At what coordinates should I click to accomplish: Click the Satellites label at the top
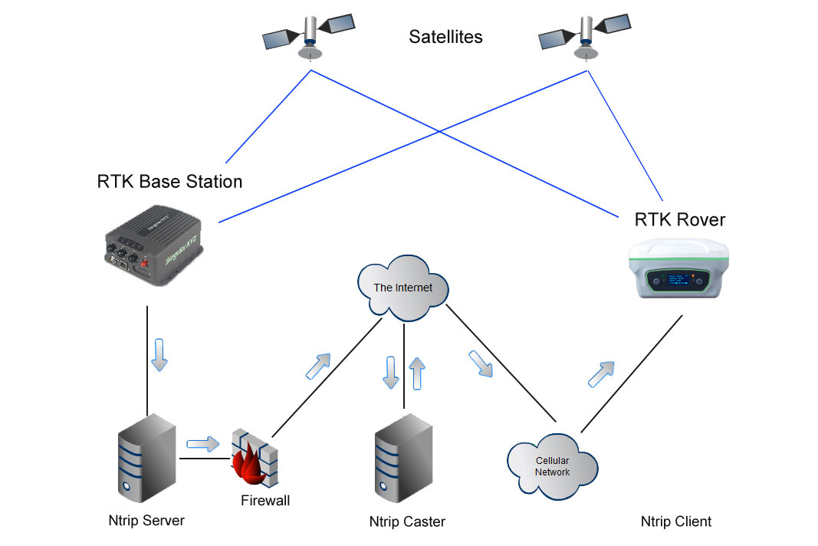[445, 36]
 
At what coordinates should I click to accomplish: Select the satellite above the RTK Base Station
[308, 35]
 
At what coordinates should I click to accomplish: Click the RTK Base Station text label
[169, 182]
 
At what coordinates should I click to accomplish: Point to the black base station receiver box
[154, 246]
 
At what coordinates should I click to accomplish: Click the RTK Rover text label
[679, 220]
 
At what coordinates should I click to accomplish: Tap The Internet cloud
[402, 288]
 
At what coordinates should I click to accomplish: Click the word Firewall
[265, 502]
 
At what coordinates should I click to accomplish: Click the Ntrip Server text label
[146, 521]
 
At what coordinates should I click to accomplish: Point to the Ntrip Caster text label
[406, 521]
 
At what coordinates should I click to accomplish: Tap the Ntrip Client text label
[675, 521]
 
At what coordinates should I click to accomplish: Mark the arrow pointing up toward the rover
[601, 373]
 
